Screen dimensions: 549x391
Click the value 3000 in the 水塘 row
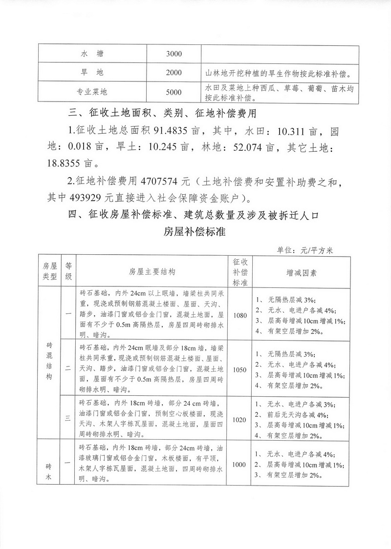(x=174, y=53)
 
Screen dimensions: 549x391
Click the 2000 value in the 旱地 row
(x=174, y=73)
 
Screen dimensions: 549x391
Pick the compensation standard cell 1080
(x=240, y=315)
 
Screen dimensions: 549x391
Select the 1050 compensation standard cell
(x=240, y=369)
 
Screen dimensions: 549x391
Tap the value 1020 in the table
(x=240, y=419)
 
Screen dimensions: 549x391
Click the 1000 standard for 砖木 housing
(x=240, y=465)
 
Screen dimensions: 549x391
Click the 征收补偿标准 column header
(x=240, y=272)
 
